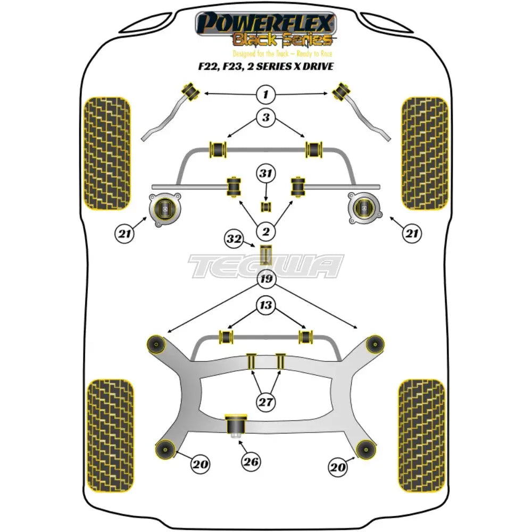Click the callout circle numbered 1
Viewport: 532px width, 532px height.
[x=265, y=95]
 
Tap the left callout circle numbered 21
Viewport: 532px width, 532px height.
[x=123, y=232]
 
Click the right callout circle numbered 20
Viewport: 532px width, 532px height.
[x=337, y=467]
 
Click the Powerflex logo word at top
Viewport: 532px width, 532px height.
[x=265, y=24]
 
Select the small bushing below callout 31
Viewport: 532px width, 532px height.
[x=265, y=206]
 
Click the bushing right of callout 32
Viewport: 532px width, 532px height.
[x=265, y=254]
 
